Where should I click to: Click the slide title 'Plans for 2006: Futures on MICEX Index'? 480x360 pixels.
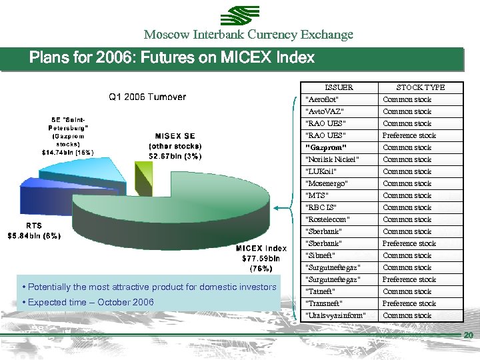[x=172, y=58]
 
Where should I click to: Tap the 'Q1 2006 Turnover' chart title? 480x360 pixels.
[x=147, y=97]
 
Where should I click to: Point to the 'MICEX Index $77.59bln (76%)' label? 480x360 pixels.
[x=261, y=259]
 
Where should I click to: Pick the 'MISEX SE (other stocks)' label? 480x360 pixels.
[x=175, y=146]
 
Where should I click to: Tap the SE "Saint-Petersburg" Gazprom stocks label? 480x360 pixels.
[x=67, y=135]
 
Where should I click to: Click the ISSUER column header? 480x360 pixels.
[x=339, y=87]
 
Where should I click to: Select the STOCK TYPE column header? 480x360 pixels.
[x=420, y=87]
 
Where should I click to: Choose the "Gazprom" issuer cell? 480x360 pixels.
[x=327, y=147]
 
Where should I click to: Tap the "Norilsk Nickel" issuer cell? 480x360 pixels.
[x=332, y=159]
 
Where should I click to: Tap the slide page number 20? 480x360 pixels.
[x=468, y=335]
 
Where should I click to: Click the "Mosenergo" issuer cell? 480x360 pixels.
[x=326, y=183]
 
